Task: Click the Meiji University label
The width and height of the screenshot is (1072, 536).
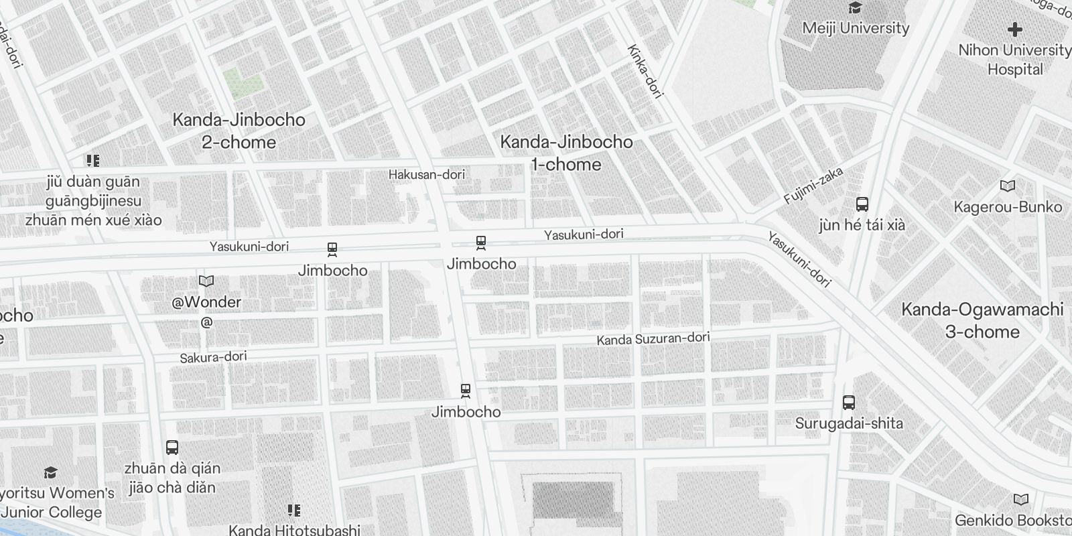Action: point(856,28)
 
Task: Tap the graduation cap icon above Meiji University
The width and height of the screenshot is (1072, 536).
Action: point(855,8)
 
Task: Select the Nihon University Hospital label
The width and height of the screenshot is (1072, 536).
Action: point(1015,60)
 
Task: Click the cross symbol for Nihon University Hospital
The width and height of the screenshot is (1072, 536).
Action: point(1015,29)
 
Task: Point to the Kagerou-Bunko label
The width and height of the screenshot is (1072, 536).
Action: point(1008,206)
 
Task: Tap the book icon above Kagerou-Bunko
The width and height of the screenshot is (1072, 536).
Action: point(1007,186)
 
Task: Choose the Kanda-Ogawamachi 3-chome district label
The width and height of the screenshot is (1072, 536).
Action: point(982,320)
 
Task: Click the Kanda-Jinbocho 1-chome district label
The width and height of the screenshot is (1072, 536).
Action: point(566,153)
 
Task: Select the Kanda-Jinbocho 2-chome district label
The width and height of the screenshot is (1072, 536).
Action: point(239,131)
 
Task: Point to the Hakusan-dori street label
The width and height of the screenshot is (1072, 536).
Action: point(427,175)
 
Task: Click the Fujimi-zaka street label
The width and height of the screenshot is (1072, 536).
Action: point(813,186)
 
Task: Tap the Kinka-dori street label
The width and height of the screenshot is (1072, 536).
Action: point(645,72)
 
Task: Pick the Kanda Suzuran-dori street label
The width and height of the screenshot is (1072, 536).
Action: point(653,339)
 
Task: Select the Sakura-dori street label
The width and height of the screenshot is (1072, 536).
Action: point(213,357)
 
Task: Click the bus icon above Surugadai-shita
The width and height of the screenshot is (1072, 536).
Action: point(849,403)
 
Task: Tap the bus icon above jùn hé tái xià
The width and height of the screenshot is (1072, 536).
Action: point(862,204)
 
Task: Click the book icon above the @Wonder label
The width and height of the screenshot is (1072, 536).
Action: point(206,281)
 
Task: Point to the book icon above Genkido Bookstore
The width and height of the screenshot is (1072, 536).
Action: point(1020,500)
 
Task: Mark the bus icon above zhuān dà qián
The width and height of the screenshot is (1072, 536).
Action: point(172,448)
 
